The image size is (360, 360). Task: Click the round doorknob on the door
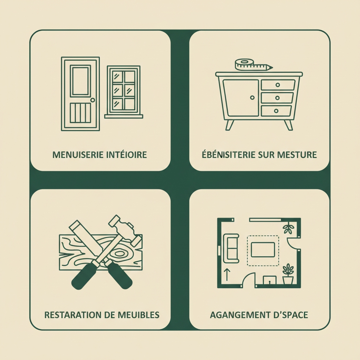click(93, 100)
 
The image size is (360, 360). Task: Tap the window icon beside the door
click(124, 92)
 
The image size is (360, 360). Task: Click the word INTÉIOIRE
click(127, 155)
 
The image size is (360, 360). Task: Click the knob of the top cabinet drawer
click(278, 85)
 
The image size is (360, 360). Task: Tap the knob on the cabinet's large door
click(252, 98)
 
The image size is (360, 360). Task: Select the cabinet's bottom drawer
click(276, 111)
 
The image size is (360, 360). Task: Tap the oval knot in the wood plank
click(119, 254)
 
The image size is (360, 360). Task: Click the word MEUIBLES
click(139, 315)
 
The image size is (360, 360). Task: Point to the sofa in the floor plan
click(231, 248)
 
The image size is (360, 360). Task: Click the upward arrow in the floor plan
click(227, 275)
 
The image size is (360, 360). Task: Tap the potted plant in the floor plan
click(288, 274)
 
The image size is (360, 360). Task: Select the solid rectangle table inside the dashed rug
click(263, 250)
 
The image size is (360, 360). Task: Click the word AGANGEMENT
click(240, 315)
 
